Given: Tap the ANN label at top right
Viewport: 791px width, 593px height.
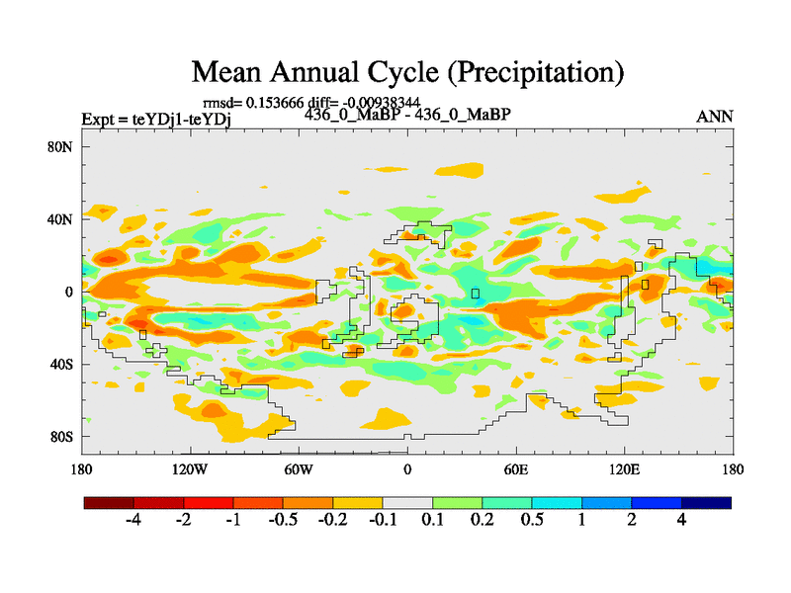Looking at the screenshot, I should (x=715, y=117).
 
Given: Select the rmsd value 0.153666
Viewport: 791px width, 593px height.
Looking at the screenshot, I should (x=279, y=103).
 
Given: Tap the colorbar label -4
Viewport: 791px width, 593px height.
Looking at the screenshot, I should (x=133, y=521).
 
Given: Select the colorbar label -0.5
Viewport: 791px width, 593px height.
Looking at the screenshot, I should (x=283, y=521).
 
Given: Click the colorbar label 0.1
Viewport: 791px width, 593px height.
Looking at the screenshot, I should (x=432, y=521).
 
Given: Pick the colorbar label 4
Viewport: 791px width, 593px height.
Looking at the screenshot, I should (x=681, y=521).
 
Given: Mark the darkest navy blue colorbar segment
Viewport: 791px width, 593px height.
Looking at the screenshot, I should (x=706, y=502).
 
